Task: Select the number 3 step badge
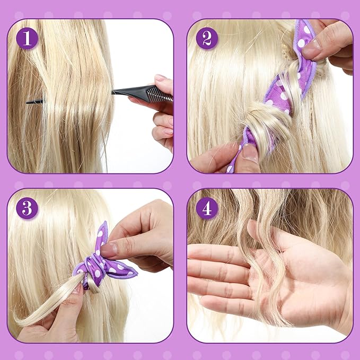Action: point(27,208)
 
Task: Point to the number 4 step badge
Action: point(207,208)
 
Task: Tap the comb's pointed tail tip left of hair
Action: point(28,101)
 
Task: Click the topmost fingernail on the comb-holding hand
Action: point(160,78)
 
